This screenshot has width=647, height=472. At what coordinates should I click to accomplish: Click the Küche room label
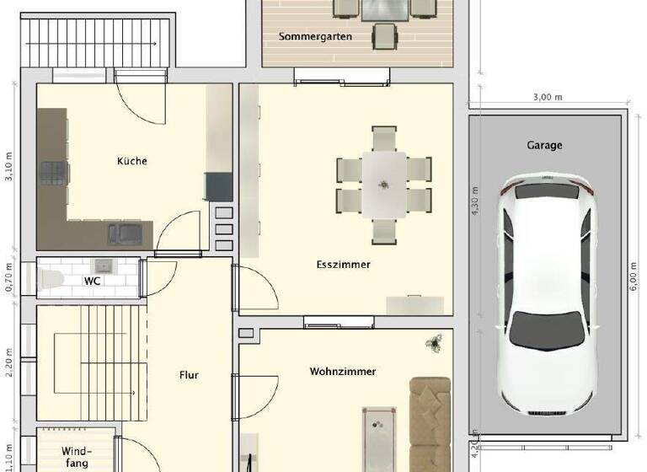click(132, 161)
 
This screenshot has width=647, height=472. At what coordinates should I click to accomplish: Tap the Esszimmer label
click(343, 265)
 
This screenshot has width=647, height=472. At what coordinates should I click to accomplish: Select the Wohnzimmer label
click(342, 371)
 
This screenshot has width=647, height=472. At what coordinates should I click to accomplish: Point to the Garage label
click(544, 145)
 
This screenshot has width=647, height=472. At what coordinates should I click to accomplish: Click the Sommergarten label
click(315, 37)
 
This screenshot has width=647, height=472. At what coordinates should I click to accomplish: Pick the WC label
click(92, 282)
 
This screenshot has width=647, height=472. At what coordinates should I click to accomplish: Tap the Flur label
click(189, 375)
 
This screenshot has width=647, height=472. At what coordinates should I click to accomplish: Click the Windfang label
click(76, 457)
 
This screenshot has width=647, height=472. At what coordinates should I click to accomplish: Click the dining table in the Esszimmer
click(384, 183)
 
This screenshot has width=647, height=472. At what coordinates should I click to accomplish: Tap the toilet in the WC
click(50, 279)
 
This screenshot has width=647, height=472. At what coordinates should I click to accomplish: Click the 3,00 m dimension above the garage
click(547, 97)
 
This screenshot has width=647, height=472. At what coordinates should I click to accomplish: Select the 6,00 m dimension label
click(634, 275)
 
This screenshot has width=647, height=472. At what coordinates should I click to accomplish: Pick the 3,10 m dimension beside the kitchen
click(9, 167)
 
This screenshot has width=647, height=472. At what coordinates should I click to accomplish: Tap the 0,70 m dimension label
click(9, 276)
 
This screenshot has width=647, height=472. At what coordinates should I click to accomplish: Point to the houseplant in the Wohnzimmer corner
click(435, 342)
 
